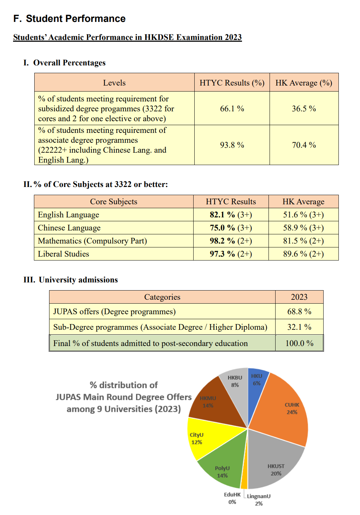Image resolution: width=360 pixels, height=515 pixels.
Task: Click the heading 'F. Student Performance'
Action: (70, 19)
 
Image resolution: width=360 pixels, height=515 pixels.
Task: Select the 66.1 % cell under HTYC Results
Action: (232, 109)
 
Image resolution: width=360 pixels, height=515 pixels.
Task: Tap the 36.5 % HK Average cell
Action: (304, 109)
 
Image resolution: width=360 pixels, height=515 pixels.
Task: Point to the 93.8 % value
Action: (232, 145)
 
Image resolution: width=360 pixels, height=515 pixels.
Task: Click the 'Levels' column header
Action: (114, 83)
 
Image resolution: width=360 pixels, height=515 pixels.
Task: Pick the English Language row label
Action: (69, 215)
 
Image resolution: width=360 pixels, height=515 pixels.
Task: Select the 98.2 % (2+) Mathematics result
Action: (231, 241)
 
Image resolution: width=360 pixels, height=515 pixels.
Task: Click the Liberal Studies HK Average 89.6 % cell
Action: (303, 254)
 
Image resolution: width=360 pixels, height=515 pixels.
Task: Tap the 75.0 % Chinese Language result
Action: (231, 228)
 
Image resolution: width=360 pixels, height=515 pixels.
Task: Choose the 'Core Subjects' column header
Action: (113, 201)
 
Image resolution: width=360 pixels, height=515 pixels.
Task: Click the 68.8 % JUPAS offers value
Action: (299, 311)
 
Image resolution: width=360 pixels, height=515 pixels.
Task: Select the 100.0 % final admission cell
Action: (299, 343)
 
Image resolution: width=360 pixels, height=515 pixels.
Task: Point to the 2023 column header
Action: (299, 297)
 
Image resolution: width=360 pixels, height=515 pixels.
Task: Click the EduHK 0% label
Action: (232, 498)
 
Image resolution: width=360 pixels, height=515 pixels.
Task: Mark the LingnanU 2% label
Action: (259, 499)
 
